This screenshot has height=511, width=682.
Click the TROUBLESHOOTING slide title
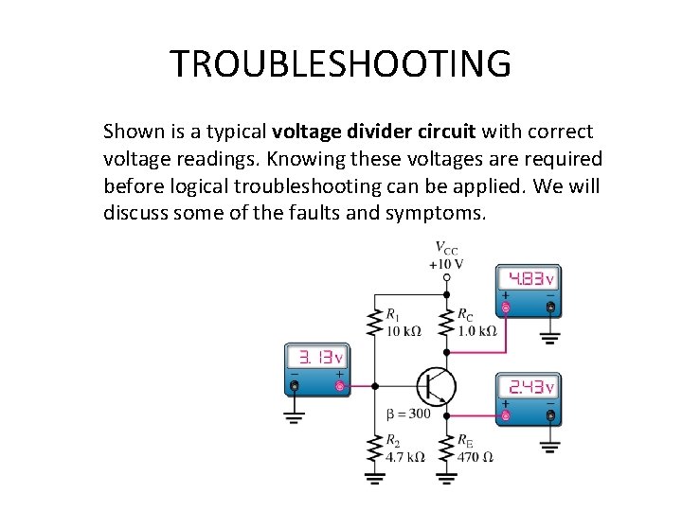pyautogui.click(x=340, y=63)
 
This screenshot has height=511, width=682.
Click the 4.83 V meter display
pyautogui.click(x=528, y=279)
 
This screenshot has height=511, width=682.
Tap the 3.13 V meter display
pyautogui.click(x=316, y=359)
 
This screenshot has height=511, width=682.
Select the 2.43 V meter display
pyautogui.click(x=528, y=387)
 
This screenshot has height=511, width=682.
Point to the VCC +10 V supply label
pyautogui.click(x=447, y=255)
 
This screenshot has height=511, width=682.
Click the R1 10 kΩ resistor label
pyautogui.click(x=404, y=323)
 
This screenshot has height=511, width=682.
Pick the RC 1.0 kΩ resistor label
pyautogui.click(x=476, y=323)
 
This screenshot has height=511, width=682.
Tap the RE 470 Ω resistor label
pyautogui.click(x=475, y=449)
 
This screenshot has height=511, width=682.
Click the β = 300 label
pyautogui.click(x=408, y=414)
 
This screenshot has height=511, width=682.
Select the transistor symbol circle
pyautogui.click(x=437, y=386)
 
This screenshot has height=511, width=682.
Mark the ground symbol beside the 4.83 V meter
pyautogui.click(x=549, y=337)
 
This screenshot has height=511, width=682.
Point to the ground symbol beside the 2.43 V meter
pyautogui.click(x=549, y=445)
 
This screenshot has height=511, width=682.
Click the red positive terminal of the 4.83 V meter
pyautogui.click(x=506, y=308)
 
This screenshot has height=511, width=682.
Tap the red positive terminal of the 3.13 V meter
pyautogui.click(x=339, y=385)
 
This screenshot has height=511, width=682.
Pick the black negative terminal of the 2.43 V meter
pyautogui.click(x=550, y=415)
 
